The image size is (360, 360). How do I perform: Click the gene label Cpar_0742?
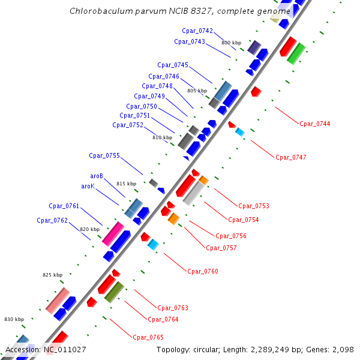(x=197, y=31)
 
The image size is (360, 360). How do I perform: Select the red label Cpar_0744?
(x=315, y=124)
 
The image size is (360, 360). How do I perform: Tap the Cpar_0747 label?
(x=291, y=157)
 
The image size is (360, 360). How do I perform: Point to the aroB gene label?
(x=97, y=176)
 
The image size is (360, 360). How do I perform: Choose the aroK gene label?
(x=88, y=187)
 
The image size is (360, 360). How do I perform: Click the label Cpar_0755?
(x=104, y=155)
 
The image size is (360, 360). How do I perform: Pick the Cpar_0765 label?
(x=148, y=337)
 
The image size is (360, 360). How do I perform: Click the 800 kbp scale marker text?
(x=231, y=43)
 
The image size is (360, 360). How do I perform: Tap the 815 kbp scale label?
(x=126, y=184)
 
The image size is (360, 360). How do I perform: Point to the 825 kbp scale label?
(x=52, y=275)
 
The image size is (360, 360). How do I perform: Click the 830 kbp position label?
(x=14, y=319)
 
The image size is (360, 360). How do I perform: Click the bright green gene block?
(x=296, y=53)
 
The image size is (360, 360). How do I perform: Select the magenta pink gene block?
(x=113, y=233)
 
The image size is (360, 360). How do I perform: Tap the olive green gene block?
(x=114, y=292)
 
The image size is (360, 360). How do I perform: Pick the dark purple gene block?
(x=254, y=47)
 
